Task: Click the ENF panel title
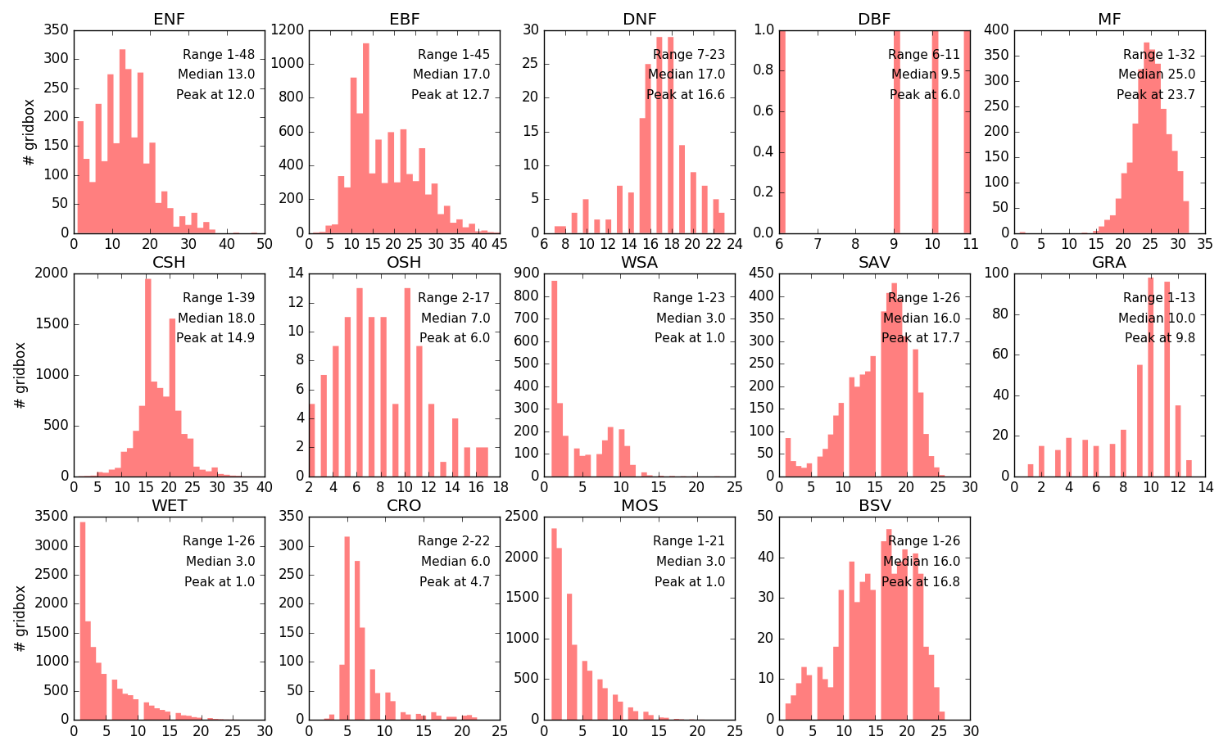pyautogui.click(x=169, y=19)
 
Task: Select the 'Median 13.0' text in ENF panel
pyautogui.click(x=216, y=75)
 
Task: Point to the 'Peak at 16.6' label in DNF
pyautogui.click(x=686, y=95)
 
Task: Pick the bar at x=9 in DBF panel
pyautogui.click(x=896, y=131)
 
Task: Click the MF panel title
pyautogui.click(x=1109, y=19)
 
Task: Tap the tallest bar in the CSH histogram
pyautogui.click(x=147, y=377)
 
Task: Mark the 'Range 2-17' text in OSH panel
pyautogui.click(x=454, y=298)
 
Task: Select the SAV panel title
pyautogui.click(x=874, y=262)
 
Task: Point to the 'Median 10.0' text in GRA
pyautogui.click(x=1157, y=318)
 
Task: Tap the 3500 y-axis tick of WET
pyautogui.click(x=52, y=517)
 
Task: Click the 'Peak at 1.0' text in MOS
pyautogui.click(x=690, y=581)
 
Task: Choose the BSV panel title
pyautogui.click(x=874, y=505)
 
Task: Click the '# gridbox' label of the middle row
pyautogui.click(x=21, y=375)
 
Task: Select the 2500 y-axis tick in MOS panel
pyautogui.click(x=523, y=517)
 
